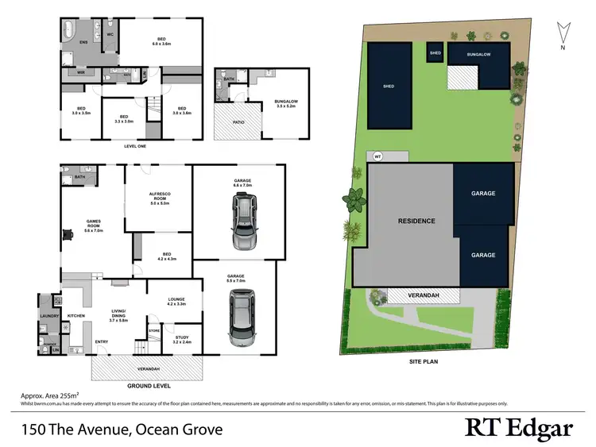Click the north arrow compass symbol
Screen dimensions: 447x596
coord(563,33)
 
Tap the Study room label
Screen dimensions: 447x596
coord(182,340)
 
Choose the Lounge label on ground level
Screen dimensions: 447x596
coord(176,301)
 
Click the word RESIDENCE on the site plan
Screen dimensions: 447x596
coord(416,220)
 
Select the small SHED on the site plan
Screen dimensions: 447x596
coord(435,53)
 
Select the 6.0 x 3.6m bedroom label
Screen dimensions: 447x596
coord(161,40)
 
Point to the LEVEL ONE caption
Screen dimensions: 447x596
coord(134,146)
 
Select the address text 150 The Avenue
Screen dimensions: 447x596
coord(122,430)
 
